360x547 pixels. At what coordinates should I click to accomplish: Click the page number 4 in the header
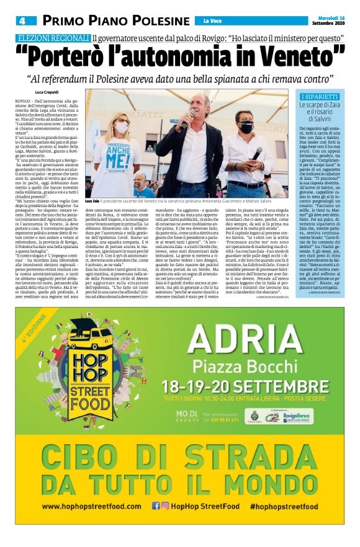click(x=21, y=20)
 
